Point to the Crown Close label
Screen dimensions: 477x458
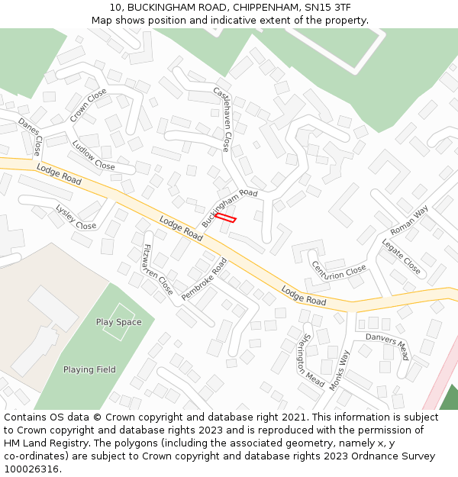[x=89, y=105]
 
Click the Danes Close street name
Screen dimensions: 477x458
[x=30, y=136]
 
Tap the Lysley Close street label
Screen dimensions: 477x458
[x=76, y=217]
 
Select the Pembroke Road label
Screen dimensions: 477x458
[x=205, y=279]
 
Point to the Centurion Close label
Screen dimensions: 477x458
[x=338, y=270]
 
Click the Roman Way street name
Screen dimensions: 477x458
[x=409, y=220]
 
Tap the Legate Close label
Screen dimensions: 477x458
[x=401, y=256]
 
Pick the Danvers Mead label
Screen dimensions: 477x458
[x=387, y=346]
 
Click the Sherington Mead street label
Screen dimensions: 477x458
[x=313, y=359]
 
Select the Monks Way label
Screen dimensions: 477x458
[x=339, y=371]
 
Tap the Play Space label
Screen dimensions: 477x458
[x=118, y=322]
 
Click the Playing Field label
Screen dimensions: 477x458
[x=89, y=369]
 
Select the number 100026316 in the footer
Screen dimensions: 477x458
[x=30, y=469]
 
